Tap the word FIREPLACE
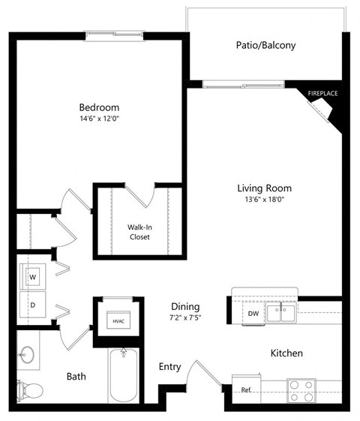click(322, 93)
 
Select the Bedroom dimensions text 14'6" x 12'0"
click(100, 119)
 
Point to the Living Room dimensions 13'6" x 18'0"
click(264, 200)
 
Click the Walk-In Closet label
click(139, 231)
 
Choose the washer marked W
click(33, 276)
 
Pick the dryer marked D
click(33, 305)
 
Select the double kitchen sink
click(281, 312)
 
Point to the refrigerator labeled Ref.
click(246, 389)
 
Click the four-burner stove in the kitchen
click(304, 389)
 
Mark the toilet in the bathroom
click(29, 389)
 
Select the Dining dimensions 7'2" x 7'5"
click(184, 318)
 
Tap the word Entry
click(169, 366)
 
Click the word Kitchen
click(287, 352)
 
